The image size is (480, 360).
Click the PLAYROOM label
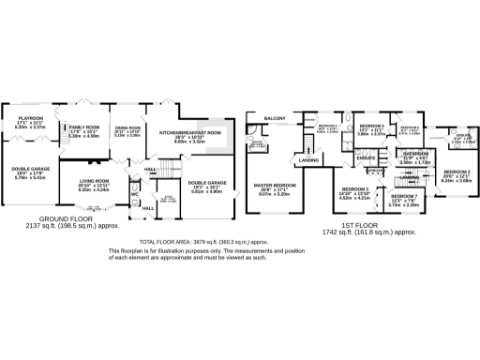(x=30, y=118)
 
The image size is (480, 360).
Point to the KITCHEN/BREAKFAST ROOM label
(x=189, y=132)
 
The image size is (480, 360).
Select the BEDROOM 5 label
(x=371, y=126)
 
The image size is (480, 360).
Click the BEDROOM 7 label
(x=403, y=197)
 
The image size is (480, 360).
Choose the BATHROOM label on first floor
(x=414, y=152)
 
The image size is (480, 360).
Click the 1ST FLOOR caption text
(x=367, y=225)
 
